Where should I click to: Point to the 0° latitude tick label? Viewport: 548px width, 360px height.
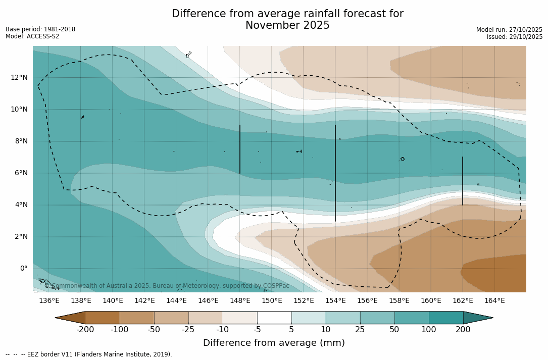tap(23, 269)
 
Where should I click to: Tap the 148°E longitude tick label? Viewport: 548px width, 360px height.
tap(240, 301)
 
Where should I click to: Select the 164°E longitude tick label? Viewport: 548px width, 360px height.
tap(494, 301)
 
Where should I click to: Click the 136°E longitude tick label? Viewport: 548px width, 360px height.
tap(49, 301)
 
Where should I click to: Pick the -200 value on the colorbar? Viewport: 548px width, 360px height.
tap(85, 330)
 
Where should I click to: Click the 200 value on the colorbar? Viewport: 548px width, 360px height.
tap(463, 330)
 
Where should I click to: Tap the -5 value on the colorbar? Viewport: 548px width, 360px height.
tap(257, 330)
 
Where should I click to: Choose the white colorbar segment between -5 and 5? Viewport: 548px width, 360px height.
tap(274, 318)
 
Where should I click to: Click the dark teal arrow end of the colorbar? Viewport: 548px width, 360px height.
tap(477, 318)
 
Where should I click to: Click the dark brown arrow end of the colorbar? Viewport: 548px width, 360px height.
tap(71, 318)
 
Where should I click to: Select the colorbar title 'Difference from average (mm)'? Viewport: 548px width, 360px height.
tap(274, 343)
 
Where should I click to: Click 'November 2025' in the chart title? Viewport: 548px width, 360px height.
tap(287, 26)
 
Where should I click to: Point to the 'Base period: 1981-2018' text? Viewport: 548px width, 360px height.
tap(40, 29)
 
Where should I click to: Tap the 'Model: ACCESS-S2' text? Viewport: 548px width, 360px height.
tap(32, 36)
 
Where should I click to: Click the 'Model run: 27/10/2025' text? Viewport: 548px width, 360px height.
tap(509, 30)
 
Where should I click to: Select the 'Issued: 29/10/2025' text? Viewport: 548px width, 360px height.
tap(515, 37)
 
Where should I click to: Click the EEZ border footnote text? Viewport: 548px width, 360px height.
tap(89, 354)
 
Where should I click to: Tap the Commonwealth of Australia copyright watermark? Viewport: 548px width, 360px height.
tap(167, 286)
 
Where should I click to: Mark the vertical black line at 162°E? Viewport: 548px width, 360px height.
tap(462, 181)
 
